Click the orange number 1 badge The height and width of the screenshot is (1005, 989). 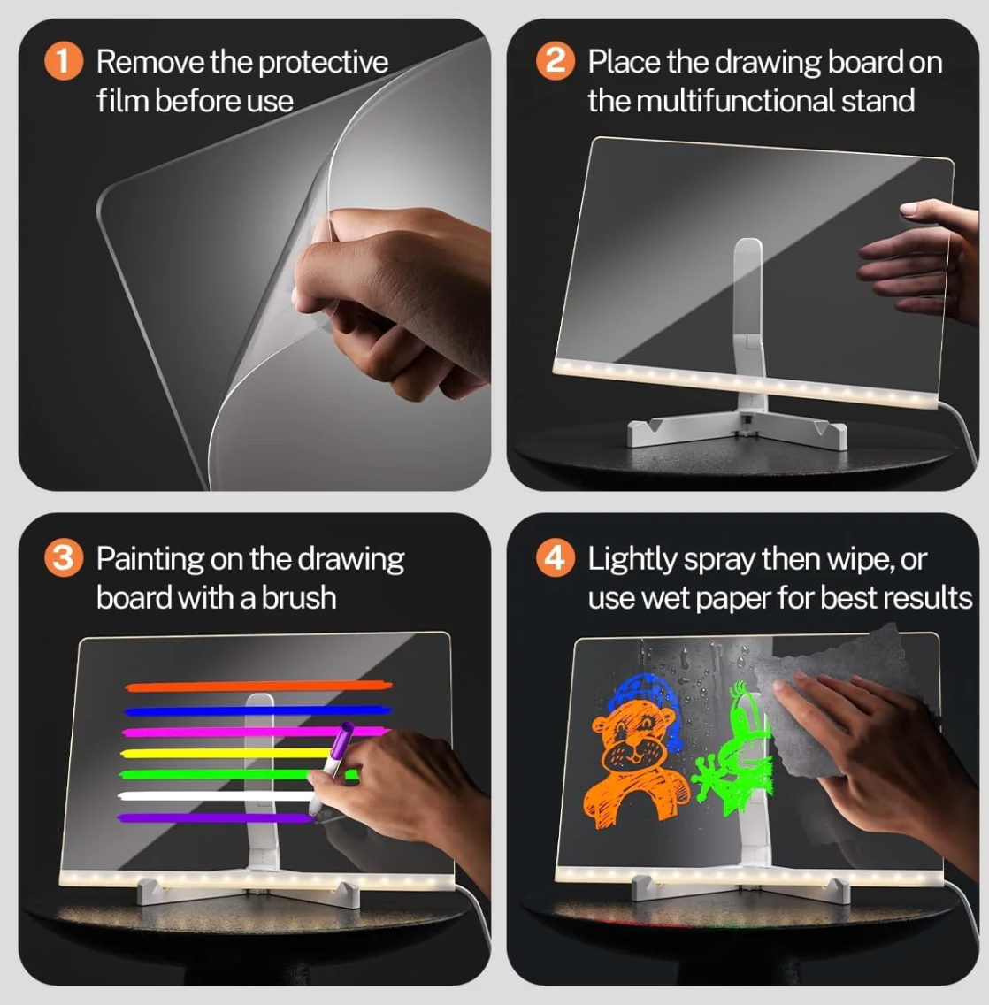(63, 61)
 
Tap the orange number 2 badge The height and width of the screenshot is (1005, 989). (555, 61)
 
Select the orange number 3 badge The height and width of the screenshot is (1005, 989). (63, 558)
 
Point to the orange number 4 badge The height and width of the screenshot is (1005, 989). (555, 558)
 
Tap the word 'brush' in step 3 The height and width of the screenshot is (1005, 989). (299, 598)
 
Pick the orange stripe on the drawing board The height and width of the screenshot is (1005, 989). (257, 686)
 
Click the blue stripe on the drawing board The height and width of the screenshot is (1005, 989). (257, 710)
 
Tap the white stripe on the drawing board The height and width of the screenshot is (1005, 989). (212, 795)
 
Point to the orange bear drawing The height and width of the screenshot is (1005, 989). (635, 770)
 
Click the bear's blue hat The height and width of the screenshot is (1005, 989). (650, 694)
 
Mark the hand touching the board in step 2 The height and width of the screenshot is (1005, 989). (920, 257)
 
